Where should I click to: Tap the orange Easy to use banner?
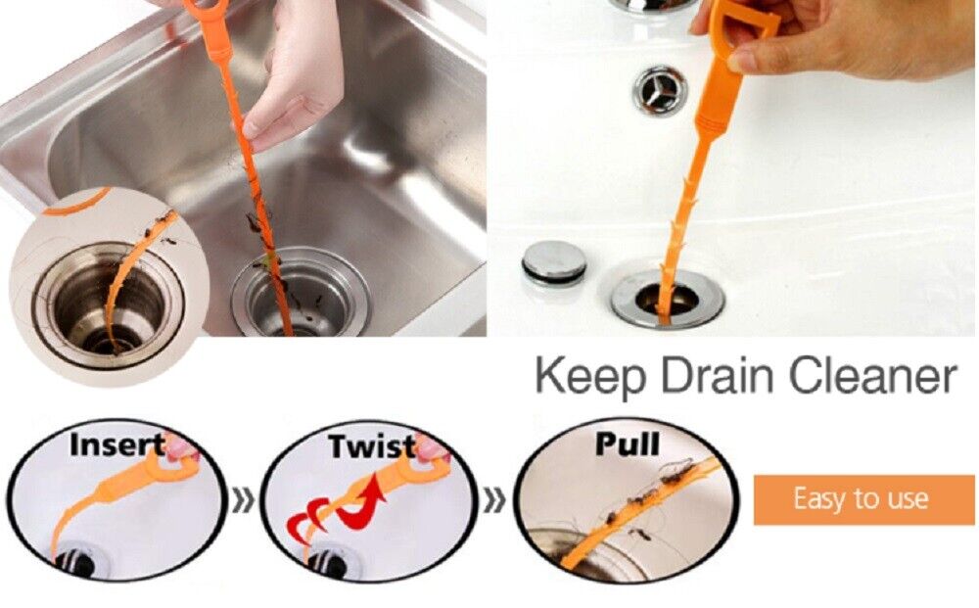pos(863,499)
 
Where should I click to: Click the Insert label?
pos(117,444)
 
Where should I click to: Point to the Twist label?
pos(371,445)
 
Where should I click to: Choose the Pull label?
pos(627,444)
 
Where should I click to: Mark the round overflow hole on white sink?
pos(660,90)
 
